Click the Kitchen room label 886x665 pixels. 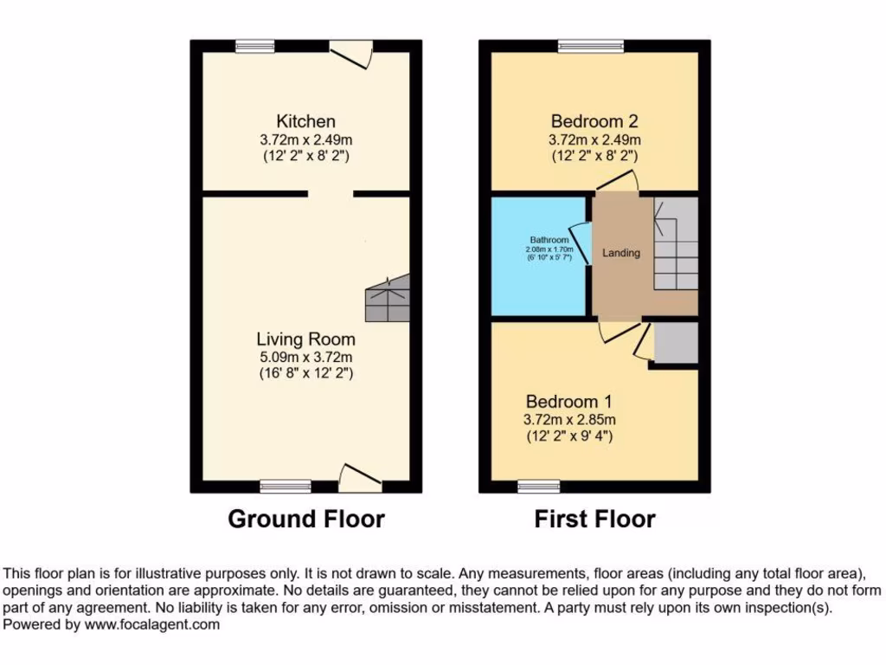tap(305, 121)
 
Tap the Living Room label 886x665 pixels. tap(305, 339)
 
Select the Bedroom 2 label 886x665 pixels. tap(594, 121)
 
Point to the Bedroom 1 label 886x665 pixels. tap(569, 402)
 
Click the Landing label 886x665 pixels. tap(621, 253)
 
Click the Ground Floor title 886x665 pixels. tap(305, 519)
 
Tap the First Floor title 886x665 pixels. tap(594, 519)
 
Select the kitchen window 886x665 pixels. tap(255, 46)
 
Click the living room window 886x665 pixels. tap(286, 486)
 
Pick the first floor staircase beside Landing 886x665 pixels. tap(676, 244)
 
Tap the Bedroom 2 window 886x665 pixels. tap(591, 46)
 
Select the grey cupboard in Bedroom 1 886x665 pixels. tap(676, 344)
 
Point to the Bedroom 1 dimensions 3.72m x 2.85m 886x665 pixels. tap(569, 419)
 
